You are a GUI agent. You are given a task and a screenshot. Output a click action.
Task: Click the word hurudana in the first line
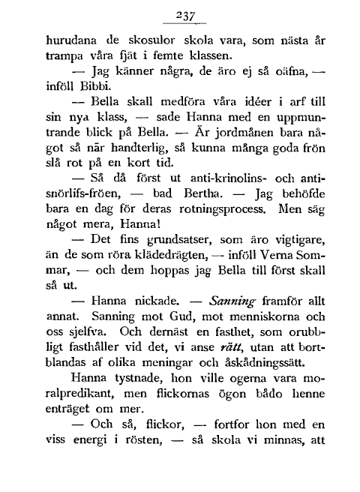click(x=73, y=38)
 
